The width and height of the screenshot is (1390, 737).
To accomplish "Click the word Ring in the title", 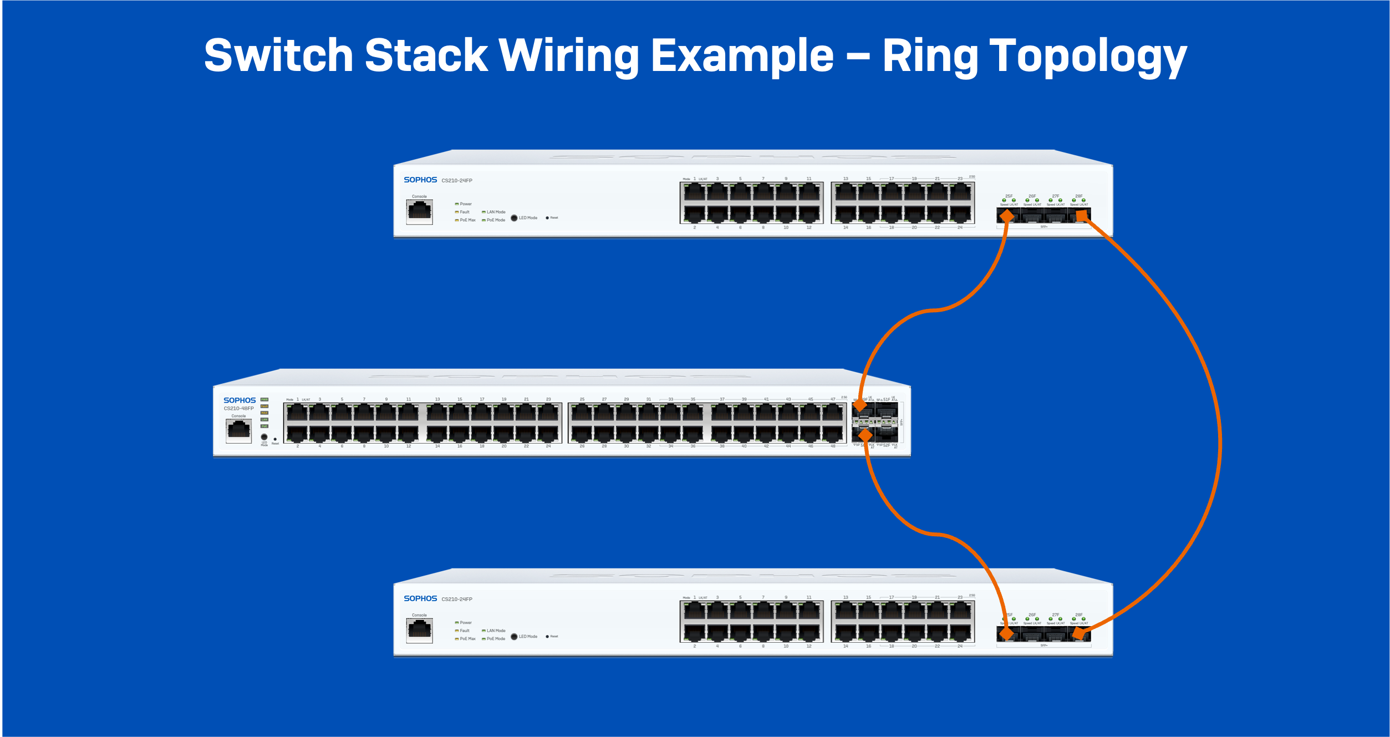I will [x=929, y=55].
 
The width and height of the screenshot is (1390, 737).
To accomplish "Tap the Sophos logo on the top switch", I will [x=420, y=180].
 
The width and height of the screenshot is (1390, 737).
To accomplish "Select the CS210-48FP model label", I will [x=238, y=408].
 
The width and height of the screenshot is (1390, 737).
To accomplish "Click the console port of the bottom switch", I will [x=419, y=629].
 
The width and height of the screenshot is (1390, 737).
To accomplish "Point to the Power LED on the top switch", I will [x=457, y=204].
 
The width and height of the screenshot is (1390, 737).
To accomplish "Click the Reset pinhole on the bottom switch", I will [x=547, y=637].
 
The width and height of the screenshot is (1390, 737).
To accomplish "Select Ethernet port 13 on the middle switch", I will [x=437, y=412].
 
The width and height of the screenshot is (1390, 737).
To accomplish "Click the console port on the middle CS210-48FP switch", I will [x=239, y=430].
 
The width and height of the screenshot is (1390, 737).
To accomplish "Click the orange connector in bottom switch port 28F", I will [x=1077, y=634].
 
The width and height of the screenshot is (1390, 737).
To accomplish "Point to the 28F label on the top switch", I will [x=1079, y=196].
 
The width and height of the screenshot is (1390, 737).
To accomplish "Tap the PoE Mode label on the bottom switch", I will [x=496, y=639].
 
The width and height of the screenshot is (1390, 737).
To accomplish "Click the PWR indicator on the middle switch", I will [x=264, y=399].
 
